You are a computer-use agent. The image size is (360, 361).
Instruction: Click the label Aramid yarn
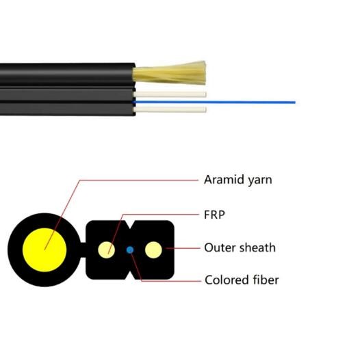(x=238, y=180)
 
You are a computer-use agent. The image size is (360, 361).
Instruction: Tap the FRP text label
(x=214, y=215)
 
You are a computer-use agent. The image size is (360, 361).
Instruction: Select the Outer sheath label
(x=240, y=248)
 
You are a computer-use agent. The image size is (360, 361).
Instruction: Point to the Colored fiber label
(x=242, y=280)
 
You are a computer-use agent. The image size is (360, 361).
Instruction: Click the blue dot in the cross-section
(x=130, y=250)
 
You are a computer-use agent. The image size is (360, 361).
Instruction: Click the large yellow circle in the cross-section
(x=44, y=250)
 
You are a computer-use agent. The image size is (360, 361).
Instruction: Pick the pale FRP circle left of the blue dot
(x=106, y=250)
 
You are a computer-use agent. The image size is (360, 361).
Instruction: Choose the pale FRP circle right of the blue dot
(x=153, y=250)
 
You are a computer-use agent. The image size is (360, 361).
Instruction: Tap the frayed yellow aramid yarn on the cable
(x=170, y=73)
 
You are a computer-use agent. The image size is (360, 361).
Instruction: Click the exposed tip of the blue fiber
(x=295, y=103)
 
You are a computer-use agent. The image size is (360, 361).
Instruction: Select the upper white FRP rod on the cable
(x=170, y=94)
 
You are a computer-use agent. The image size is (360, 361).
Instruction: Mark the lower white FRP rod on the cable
(x=170, y=109)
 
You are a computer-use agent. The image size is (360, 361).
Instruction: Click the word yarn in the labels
(x=260, y=180)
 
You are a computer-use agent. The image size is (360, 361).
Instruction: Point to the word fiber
(x=266, y=280)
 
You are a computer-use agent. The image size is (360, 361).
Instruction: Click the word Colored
(x=227, y=280)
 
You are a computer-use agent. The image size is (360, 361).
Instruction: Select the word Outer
(x=220, y=248)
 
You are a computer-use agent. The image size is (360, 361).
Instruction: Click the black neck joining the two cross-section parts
(x=83, y=250)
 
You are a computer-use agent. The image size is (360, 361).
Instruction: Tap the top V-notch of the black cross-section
(x=130, y=226)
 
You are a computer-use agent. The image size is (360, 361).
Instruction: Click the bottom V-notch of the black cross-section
(x=130, y=275)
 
